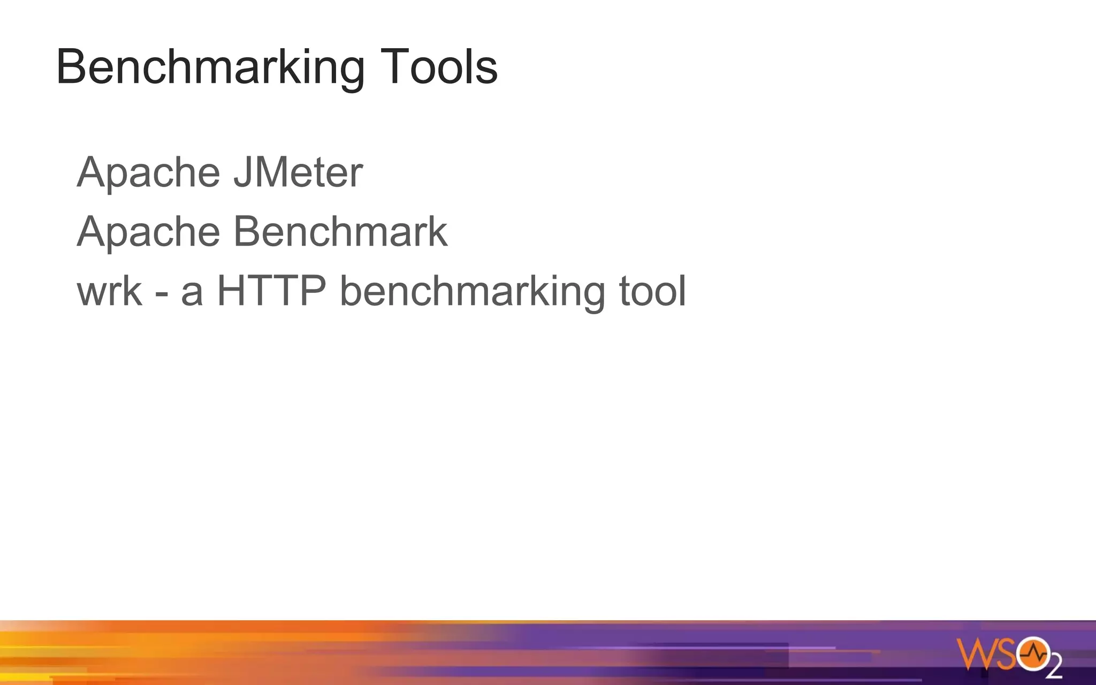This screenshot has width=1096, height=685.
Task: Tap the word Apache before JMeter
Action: point(148,172)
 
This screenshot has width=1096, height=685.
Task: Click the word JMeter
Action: point(299,172)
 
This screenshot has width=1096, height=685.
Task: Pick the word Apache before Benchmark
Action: point(148,232)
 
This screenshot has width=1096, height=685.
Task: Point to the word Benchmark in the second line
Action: point(340,232)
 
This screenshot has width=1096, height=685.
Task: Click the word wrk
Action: point(110,291)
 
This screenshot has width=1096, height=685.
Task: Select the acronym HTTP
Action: point(271,291)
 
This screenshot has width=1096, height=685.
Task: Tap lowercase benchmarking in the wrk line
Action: point(473,292)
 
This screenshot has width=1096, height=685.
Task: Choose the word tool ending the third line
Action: point(652,291)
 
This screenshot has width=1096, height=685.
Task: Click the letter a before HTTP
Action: point(192,294)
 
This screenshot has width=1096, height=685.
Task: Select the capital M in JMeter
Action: point(273,172)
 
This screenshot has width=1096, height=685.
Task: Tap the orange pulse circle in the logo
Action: point(1033,653)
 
